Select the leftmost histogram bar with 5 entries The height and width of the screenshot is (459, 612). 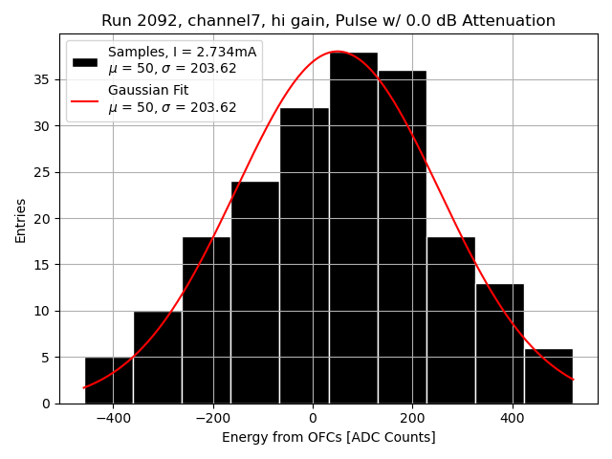tap(109, 380)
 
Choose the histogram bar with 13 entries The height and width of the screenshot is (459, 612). tap(499, 343)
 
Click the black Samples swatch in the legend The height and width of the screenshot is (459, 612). tap(85, 60)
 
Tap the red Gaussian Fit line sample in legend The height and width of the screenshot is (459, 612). tap(85, 98)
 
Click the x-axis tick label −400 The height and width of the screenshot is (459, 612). tap(112, 418)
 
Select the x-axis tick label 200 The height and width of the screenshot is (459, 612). tap(412, 418)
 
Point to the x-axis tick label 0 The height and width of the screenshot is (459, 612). tap(313, 418)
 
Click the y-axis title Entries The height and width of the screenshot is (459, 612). tap(21, 219)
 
